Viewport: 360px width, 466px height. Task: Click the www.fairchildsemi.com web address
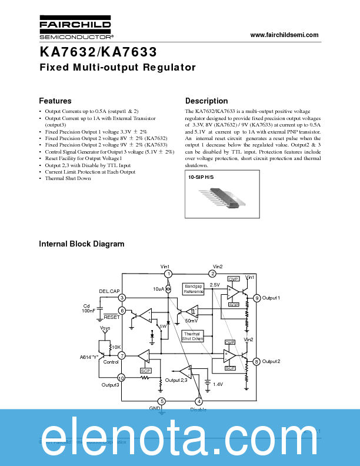[284, 35]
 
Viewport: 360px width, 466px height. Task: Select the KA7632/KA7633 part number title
[98, 52]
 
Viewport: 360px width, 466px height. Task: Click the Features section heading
[55, 101]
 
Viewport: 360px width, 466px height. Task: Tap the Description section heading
[206, 101]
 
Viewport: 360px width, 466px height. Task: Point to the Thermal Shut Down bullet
[68, 178]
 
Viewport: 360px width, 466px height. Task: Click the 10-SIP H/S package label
[201, 177]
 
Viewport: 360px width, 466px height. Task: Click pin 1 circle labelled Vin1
[168, 274]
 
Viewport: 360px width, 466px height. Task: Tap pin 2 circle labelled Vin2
[212, 274]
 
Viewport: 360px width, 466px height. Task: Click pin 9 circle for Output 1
[257, 298]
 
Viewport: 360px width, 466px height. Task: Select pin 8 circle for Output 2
[257, 361]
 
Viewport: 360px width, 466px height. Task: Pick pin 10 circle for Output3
[121, 378]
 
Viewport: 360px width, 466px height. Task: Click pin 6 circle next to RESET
[122, 311]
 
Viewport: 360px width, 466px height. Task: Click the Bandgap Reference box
[194, 289]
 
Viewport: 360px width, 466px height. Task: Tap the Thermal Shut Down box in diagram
[192, 336]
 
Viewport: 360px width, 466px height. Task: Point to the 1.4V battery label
[218, 384]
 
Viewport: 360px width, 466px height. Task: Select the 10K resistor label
[116, 347]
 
